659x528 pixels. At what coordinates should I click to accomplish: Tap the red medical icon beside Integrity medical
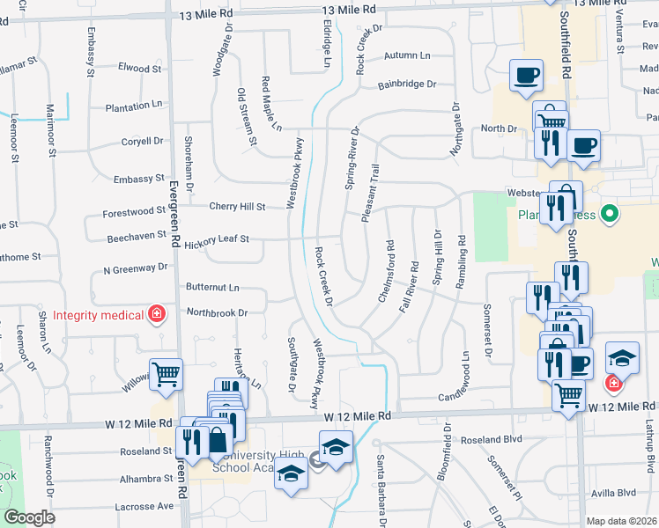[158, 314]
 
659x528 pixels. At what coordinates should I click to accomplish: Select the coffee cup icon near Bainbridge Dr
[526, 75]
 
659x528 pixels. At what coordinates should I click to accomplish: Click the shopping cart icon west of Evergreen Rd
[166, 376]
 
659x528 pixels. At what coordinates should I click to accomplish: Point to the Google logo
[29, 518]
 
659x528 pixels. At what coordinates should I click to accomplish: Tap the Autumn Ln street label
[406, 55]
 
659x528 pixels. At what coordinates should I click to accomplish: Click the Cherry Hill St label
[237, 207]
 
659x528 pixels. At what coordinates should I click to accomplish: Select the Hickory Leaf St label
[218, 238]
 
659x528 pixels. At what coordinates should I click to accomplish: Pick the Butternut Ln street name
[212, 288]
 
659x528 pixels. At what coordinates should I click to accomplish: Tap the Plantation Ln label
[133, 106]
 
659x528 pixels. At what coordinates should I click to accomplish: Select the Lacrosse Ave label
[144, 507]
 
